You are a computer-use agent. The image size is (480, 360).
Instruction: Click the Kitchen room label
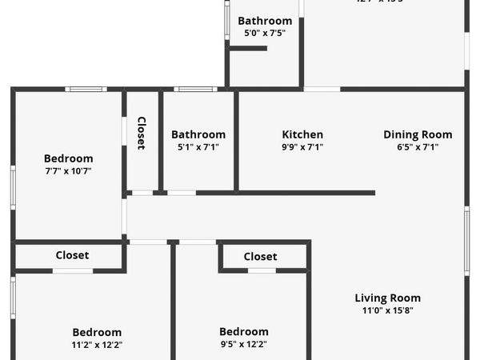[302, 134]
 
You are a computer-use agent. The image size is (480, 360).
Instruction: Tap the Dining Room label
[418, 134]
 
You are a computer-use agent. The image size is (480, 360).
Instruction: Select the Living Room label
[388, 298]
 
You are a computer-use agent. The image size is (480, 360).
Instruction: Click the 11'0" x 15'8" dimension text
[388, 310]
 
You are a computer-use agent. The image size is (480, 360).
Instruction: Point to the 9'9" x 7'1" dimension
[302, 147]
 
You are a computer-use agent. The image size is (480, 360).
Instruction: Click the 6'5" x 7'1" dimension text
[418, 147]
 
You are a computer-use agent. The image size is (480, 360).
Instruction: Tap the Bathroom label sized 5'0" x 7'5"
[265, 21]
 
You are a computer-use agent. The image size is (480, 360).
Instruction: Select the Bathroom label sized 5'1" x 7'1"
[198, 134]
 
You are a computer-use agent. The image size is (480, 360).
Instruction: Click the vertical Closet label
[142, 133]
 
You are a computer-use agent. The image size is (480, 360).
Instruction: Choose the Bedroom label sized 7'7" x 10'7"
[68, 158]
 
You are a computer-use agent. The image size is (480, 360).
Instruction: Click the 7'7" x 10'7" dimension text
[68, 170]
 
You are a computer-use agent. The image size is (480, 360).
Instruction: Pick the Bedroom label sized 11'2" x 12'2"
[97, 332]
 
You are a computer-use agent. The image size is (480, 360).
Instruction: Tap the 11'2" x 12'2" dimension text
[97, 345]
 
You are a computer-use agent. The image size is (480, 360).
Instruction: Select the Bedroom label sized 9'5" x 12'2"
[244, 332]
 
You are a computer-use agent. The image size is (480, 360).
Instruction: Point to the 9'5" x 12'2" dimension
[244, 345]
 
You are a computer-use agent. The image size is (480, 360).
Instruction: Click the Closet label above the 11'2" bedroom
[72, 255]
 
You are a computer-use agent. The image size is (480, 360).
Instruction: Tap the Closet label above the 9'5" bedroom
[260, 256]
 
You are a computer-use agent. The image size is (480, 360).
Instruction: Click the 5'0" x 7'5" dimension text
[265, 34]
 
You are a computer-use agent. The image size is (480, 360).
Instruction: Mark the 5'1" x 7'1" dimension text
[198, 147]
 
